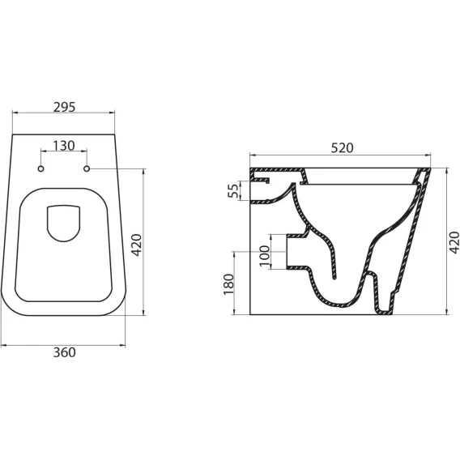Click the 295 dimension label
tap(64, 108)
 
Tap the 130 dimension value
tap(64, 146)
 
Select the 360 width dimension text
tap(64, 352)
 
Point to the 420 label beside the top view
tap(136, 245)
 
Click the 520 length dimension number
tap(342, 148)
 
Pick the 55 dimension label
tap(233, 190)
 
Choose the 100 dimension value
tap(265, 256)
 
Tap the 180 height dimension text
tap(228, 284)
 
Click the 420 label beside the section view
tap(454, 242)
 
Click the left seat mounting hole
tap(41, 168)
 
